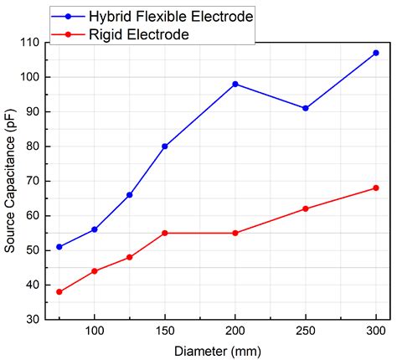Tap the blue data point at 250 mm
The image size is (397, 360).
click(306, 108)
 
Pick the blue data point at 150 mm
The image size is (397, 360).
click(165, 147)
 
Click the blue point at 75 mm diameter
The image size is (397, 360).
click(59, 247)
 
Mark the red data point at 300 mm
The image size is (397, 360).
click(376, 188)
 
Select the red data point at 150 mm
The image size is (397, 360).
click(165, 233)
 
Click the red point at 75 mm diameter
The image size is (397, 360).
click(59, 292)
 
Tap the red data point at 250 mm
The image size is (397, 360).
click(306, 208)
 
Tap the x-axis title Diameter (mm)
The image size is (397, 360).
click(218, 350)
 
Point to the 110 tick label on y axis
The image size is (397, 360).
click(29, 42)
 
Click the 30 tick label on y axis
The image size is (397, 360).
click(33, 320)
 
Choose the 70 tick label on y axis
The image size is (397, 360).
click(33, 181)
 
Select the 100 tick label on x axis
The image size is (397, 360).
click(95, 332)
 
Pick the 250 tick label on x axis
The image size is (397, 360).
click(306, 332)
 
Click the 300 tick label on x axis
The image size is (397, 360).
click(376, 332)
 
